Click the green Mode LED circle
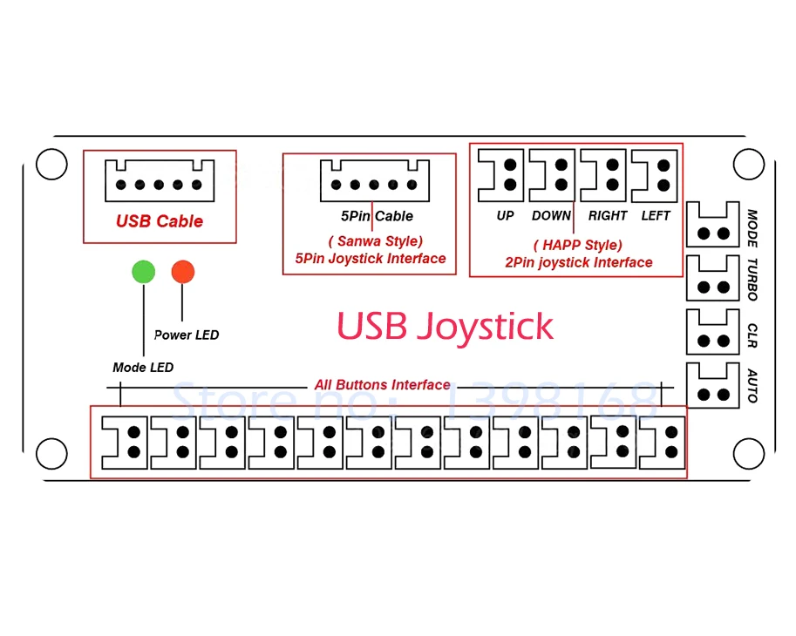143,271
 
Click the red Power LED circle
183,271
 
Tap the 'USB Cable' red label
160,221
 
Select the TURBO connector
714,278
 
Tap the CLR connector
714,332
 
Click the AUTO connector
714,385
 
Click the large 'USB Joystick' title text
445,327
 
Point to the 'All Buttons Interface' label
383,385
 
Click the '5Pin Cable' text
377,215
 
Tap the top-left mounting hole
51,164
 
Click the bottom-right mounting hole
749,453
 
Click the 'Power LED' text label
187,335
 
